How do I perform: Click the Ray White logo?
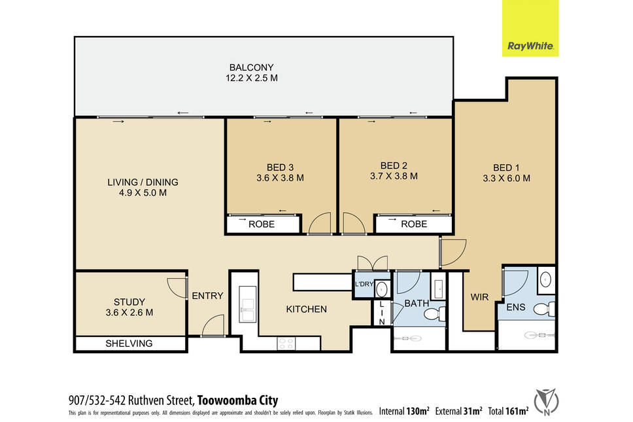pyautogui.click(x=530, y=28)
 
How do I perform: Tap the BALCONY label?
pyautogui.click(x=252, y=67)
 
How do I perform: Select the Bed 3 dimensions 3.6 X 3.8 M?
pyautogui.click(x=280, y=178)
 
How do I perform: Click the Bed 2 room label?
pyautogui.click(x=394, y=166)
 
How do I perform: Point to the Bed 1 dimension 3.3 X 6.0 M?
pyautogui.click(x=507, y=178)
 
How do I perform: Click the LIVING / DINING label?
pyautogui.click(x=143, y=182)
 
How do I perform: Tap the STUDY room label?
pyautogui.click(x=129, y=302)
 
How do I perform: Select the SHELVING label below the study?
pyautogui.click(x=129, y=343)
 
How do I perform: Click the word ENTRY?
pyautogui.click(x=207, y=296)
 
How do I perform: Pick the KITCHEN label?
pyautogui.click(x=307, y=309)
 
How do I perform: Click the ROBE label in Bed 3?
pyautogui.click(x=262, y=224)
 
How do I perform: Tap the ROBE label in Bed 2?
pyautogui.click(x=414, y=224)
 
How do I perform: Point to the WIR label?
pyautogui.click(x=479, y=297)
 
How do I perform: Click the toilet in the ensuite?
pyautogui.click(x=544, y=309)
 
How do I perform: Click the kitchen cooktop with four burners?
pyautogui.click(x=286, y=343)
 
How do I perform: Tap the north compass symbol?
pyautogui.click(x=546, y=402)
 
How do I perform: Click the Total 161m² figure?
pyautogui.click(x=508, y=411)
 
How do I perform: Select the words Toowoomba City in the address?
pyautogui.click(x=238, y=400)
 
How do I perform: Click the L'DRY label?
pyautogui.click(x=364, y=284)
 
